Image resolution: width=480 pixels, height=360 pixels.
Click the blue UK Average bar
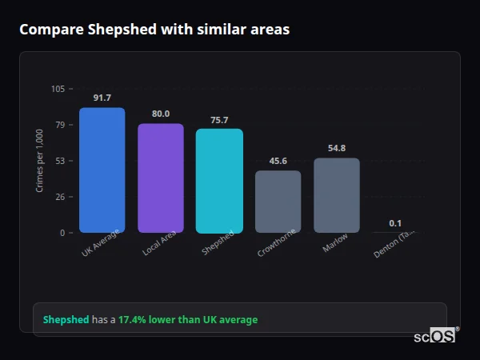pyautogui.click(x=102, y=170)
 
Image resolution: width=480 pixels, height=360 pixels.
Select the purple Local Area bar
pyautogui.click(x=161, y=178)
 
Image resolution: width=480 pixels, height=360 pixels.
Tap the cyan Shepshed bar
pyautogui.click(x=219, y=181)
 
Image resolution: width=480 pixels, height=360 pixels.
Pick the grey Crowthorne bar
pyautogui.click(x=278, y=202)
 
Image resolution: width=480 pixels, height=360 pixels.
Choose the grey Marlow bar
pyautogui.click(x=337, y=195)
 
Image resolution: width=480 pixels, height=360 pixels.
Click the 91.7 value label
pyautogui.click(x=102, y=98)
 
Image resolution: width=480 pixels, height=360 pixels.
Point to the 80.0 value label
pyautogui.click(x=161, y=114)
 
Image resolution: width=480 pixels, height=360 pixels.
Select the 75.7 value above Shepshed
pyautogui.click(x=219, y=120)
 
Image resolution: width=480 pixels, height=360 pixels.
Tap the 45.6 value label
pyautogui.click(x=278, y=161)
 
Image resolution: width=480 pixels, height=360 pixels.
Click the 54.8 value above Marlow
pyautogui.click(x=337, y=148)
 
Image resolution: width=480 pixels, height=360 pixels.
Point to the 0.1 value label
pyautogui.click(x=395, y=223)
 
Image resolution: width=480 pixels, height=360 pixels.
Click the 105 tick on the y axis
pyautogui.click(x=58, y=89)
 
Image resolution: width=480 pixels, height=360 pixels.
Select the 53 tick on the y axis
pyautogui.click(x=60, y=161)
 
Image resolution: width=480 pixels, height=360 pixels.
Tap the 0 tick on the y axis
pyautogui.click(x=62, y=233)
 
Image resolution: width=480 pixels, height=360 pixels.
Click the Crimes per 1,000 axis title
pyautogui.click(x=40, y=160)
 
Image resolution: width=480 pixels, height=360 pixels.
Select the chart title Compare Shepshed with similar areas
pyautogui.click(x=154, y=30)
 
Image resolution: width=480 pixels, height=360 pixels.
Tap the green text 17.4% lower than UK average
pyautogui.click(x=188, y=320)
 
